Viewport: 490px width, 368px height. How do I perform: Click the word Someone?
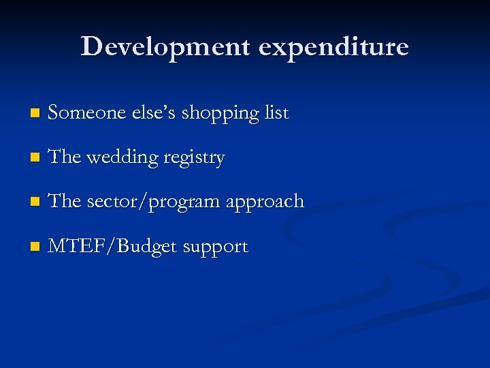tap(82, 112)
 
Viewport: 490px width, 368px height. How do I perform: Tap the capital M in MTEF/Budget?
tap(59, 246)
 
